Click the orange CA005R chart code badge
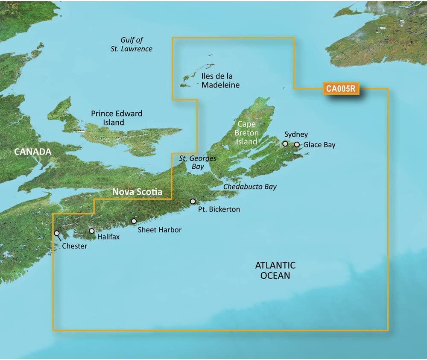click(x=341, y=89)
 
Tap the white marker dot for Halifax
click(x=92, y=231)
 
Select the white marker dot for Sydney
click(x=285, y=144)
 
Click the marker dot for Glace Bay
click(x=297, y=145)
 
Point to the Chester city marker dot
click(x=57, y=233)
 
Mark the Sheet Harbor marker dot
click(x=134, y=221)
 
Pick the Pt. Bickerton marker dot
click(x=193, y=201)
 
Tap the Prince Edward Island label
click(x=116, y=118)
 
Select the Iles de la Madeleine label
click(x=220, y=81)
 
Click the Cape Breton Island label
click(x=247, y=133)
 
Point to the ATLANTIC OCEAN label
click(x=275, y=270)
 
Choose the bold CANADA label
click(x=32, y=152)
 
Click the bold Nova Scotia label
click(x=137, y=192)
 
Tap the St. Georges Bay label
click(x=198, y=162)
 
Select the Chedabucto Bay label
click(x=250, y=187)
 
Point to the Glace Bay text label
click(x=319, y=145)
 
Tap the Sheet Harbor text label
click(x=159, y=230)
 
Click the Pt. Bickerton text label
click(x=219, y=209)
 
